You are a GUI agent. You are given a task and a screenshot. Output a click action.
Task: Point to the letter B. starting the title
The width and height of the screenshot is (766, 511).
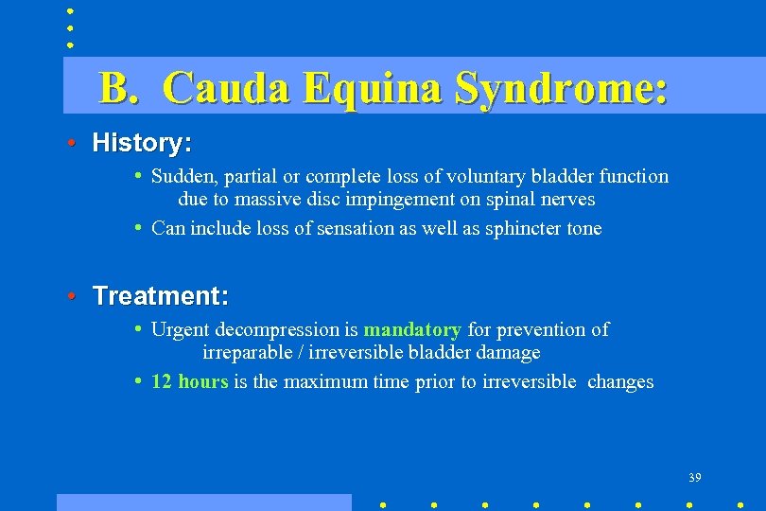click(x=120, y=89)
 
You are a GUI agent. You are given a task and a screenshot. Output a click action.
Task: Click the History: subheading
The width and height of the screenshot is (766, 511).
click(x=142, y=144)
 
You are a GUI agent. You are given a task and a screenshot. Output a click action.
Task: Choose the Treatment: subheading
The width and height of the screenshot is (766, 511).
click(x=160, y=296)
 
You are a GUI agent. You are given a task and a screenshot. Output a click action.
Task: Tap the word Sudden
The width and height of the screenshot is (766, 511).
click(x=183, y=177)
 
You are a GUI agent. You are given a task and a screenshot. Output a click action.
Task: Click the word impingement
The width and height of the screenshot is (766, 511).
click(x=422, y=200)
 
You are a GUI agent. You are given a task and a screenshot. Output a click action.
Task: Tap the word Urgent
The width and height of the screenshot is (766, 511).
click(x=181, y=330)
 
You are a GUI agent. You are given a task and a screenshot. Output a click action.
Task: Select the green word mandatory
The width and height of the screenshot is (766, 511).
click(x=412, y=330)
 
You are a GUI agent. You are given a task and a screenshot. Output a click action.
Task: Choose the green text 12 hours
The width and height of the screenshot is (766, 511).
click(x=189, y=382)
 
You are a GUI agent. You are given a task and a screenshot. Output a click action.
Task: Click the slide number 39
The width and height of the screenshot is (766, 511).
click(x=694, y=478)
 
